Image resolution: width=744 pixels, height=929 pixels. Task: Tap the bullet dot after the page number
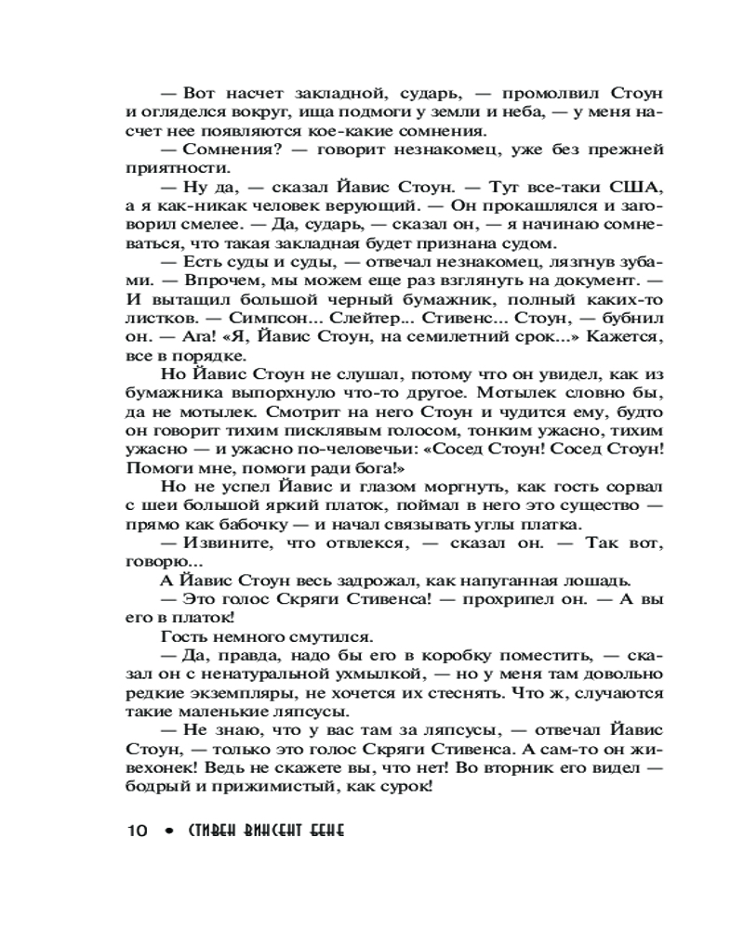[x=167, y=831]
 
